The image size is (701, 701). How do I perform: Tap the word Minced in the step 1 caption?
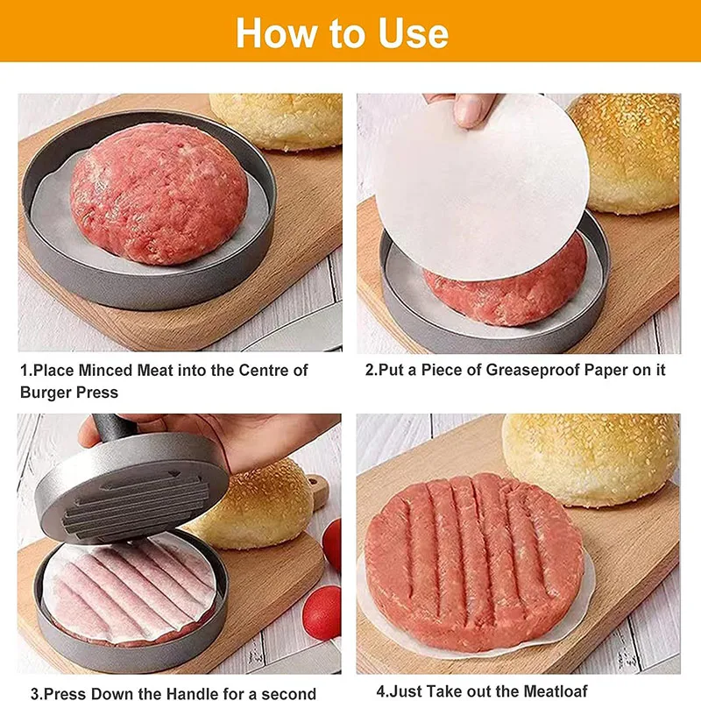105,371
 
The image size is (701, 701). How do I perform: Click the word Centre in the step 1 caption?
281,371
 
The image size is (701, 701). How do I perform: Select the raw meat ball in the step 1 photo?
158,192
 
